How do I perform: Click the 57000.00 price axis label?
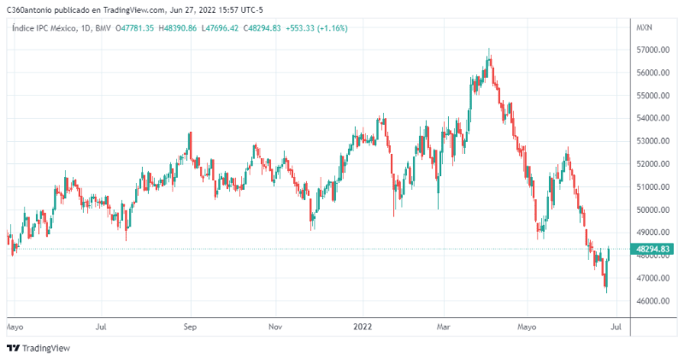pos(652,50)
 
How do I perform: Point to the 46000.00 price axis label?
pos(652,301)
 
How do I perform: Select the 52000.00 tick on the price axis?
pos(652,164)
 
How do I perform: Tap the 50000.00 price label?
pos(652,210)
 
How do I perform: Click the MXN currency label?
pos(644,28)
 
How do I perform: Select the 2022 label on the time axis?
pos(363,326)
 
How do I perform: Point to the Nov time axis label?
pos(274,326)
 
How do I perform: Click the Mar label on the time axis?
pos(443,326)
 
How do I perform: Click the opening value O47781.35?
pos(137,28)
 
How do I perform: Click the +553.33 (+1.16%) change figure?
pos(316,28)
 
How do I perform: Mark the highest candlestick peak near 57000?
pos(488,50)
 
